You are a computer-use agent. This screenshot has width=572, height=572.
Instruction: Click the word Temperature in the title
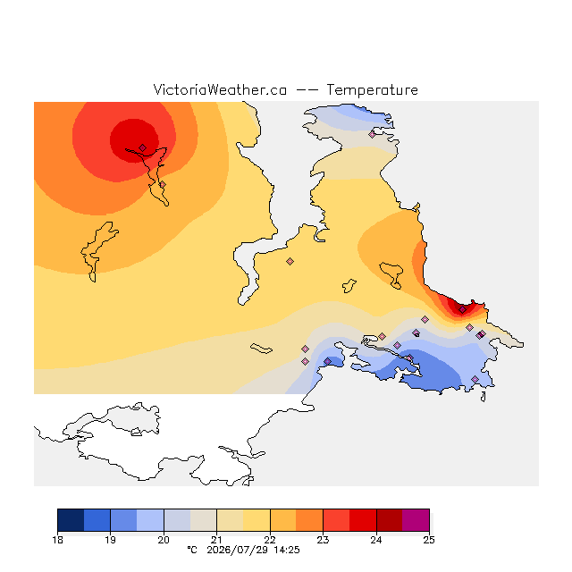(372, 90)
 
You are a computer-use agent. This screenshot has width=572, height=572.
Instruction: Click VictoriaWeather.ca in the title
(220, 90)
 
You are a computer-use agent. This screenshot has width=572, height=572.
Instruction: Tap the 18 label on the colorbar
(57, 540)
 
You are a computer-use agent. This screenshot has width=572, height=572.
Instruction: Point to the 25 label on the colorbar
(429, 540)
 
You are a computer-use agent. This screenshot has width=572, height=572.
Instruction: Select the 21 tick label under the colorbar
(216, 540)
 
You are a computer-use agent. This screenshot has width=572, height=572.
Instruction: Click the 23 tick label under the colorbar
(323, 540)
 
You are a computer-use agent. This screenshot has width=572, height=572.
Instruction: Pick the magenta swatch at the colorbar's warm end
(416, 520)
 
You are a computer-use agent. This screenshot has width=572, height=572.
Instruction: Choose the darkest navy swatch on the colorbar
(71, 520)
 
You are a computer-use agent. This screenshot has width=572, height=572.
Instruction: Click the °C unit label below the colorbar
(192, 550)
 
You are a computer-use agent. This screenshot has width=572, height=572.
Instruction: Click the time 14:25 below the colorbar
(287, 550)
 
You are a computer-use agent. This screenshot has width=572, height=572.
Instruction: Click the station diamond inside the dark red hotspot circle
(143, 147)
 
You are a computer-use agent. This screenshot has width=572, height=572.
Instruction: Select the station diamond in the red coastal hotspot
(463, 310)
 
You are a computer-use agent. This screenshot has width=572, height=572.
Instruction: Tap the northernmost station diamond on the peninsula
(372, 135)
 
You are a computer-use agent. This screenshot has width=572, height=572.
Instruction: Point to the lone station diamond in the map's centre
(290, 261)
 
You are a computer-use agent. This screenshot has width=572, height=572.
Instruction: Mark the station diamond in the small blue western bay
(328, 361)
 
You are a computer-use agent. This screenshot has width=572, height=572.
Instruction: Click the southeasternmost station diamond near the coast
(475, 379)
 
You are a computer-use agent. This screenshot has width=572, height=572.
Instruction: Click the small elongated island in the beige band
(261, 349)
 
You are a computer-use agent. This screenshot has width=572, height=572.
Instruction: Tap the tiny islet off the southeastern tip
(484, 397)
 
